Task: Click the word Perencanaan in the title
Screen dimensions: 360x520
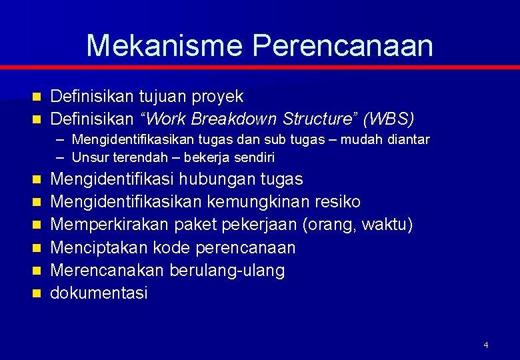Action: point(343,45)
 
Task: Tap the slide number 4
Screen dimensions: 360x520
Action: point(485,345)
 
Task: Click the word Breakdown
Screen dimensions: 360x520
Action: point(233,119)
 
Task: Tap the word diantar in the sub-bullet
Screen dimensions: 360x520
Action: point(407,139)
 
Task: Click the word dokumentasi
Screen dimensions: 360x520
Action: point(99,293)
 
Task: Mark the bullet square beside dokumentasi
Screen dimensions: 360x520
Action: point(36,293)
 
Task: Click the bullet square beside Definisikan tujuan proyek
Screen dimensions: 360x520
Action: point(36,97)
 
